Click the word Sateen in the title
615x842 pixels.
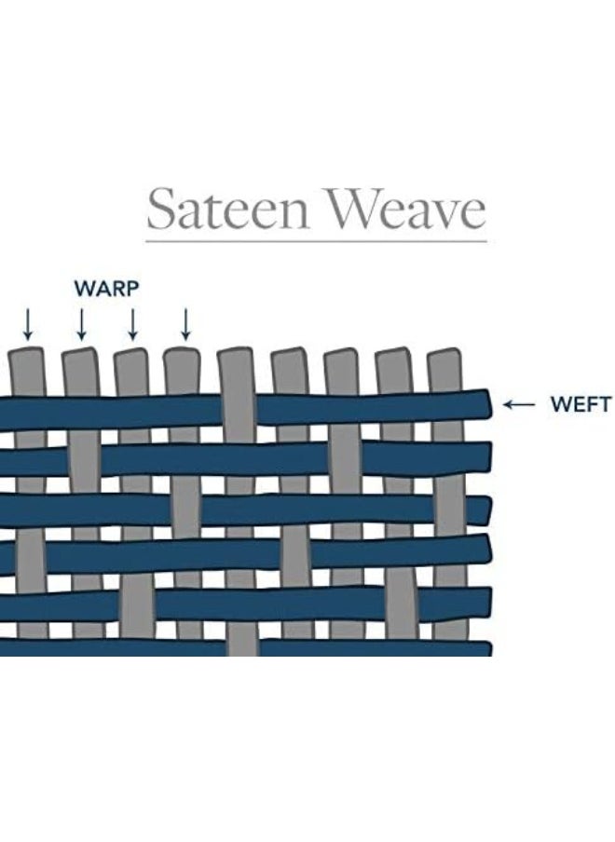(x=226, y=209)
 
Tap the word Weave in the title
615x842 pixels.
(x=402, y=209)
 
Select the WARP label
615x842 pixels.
(x=106, y=288)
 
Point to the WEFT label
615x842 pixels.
(x=580, y=404)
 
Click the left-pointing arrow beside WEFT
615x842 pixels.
(x=519, y=404)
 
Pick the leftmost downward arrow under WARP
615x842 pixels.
(x=28, y=323)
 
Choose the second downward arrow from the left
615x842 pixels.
(x=81, y=323)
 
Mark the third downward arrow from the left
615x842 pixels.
(x=132, y=323)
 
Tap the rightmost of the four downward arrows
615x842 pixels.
(x=185, y=323)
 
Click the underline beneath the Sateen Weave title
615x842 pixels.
(x=316, y=241)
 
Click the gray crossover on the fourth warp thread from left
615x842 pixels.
(x=184, y=509)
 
